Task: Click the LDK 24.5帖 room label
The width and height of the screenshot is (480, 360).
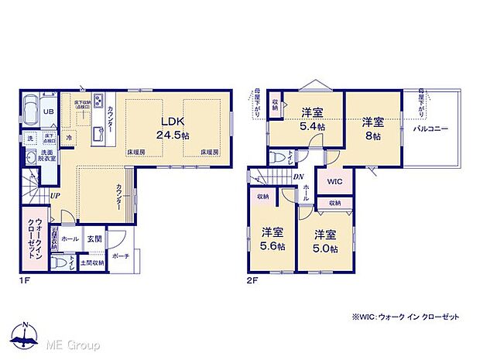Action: (x=172, y=128)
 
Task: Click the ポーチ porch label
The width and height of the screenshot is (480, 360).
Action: (x=119, y=256)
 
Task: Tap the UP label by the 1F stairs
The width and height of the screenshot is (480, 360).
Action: (x=57, y=196)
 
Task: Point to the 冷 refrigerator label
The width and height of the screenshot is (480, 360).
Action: (x=69, y=138)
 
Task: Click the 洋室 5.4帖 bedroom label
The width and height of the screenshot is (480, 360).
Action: (x=312, y=119)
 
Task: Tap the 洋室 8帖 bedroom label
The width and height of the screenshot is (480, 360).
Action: (x=373, y=128)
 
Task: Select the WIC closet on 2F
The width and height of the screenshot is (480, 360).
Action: (x=334, y=183)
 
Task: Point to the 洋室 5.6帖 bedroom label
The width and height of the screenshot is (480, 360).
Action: (x=271, y=238)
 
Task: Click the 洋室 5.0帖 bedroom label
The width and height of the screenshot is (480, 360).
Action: (x=325, y=241)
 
